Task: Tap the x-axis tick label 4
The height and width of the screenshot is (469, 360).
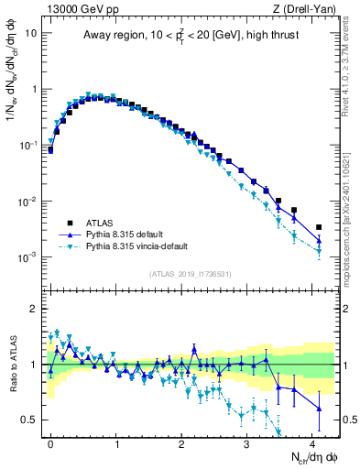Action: tap(313, 442)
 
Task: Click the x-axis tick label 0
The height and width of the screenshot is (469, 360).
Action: tap(50, 442)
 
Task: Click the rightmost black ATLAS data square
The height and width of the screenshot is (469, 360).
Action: tap(319, 227)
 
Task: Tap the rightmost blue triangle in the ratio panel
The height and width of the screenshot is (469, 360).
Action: tap(319, 409)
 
